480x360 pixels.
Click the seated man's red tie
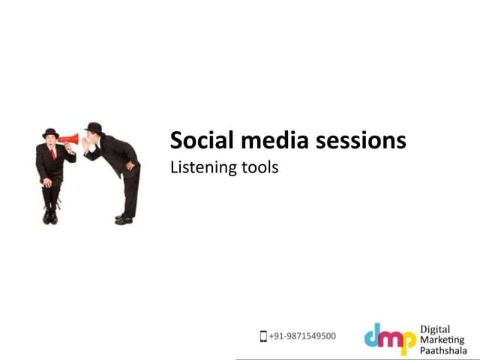[x=52, y=153]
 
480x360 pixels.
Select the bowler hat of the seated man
[x=50, y=133]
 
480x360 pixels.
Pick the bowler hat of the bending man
[x=94, y=127]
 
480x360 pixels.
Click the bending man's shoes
[x=124, y=219]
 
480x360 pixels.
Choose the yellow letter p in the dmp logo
[x=409, y=341]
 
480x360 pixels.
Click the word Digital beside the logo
[x=435, y=328]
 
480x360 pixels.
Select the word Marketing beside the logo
[x=442, y=340]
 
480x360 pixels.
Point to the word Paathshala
[x=444, y=352]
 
